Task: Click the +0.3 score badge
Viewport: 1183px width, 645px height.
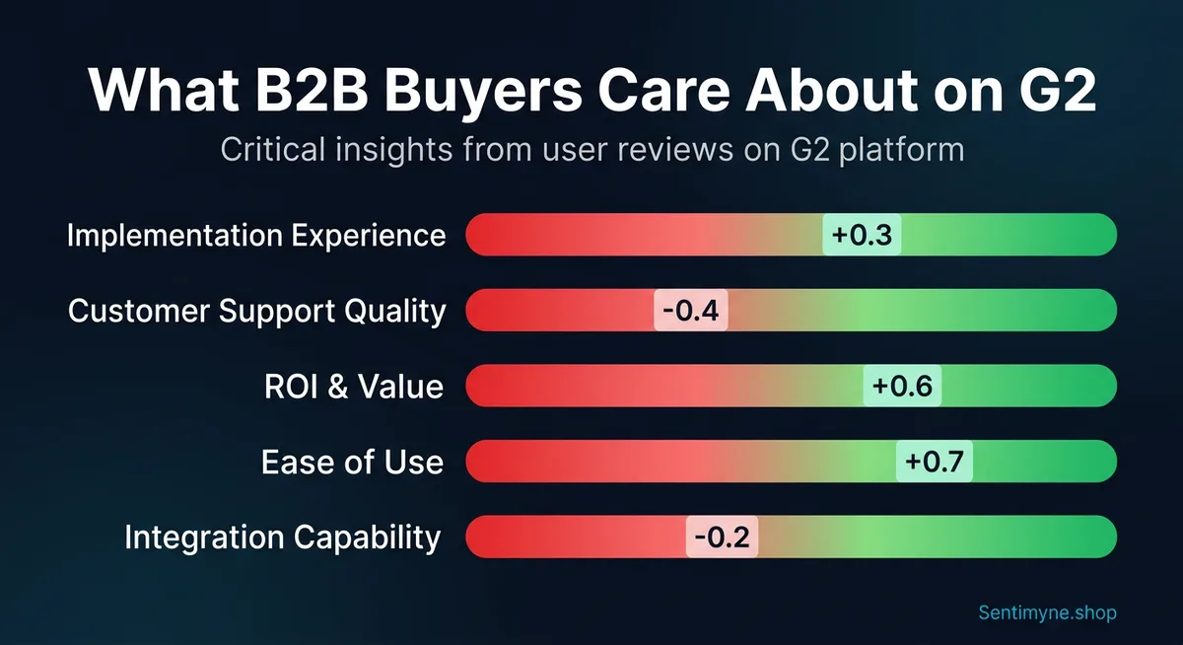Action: pos(862,236)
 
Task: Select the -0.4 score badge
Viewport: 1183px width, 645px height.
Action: pos(691,311)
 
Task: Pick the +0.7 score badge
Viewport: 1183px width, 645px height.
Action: pos(934,461)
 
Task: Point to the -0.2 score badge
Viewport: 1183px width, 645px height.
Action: pos(723,537)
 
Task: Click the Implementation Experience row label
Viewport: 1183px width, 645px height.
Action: pos(256,236)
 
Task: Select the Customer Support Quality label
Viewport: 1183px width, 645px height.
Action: pos(256,311)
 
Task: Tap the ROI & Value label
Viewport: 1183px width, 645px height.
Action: pos(354,386)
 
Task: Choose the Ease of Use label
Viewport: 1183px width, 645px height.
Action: pos(352,462)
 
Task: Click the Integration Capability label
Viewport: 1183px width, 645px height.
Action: pos(282,537)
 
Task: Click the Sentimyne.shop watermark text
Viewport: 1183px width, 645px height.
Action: pos(1048,612)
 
